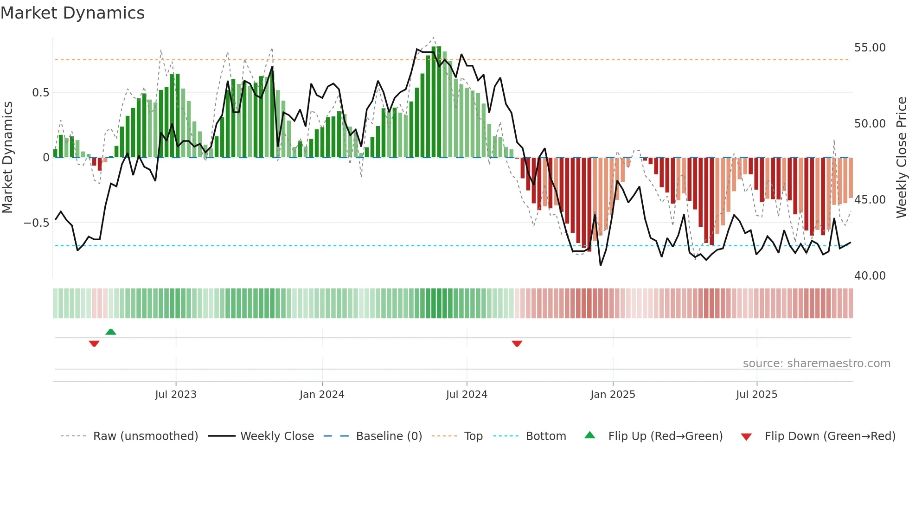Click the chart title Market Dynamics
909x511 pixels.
(72, 13)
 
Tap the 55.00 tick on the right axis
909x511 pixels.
(870, 48)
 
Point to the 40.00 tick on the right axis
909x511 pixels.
(870, 276)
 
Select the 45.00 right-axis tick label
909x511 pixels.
(870, 200)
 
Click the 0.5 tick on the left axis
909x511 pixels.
(40, 93)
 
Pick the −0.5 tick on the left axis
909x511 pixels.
(37, 223)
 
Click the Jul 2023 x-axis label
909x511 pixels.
(176, 395)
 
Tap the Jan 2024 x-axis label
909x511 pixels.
(322, 395)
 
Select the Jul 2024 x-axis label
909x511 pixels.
(467, 395)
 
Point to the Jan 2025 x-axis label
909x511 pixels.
(613, 395)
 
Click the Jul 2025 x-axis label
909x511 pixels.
(756, 395)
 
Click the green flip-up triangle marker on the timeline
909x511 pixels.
(111, 332)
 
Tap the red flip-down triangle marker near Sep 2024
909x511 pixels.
(517, 344)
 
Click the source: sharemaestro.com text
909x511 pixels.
(816, 364)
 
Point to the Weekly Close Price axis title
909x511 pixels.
(901, 158)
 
